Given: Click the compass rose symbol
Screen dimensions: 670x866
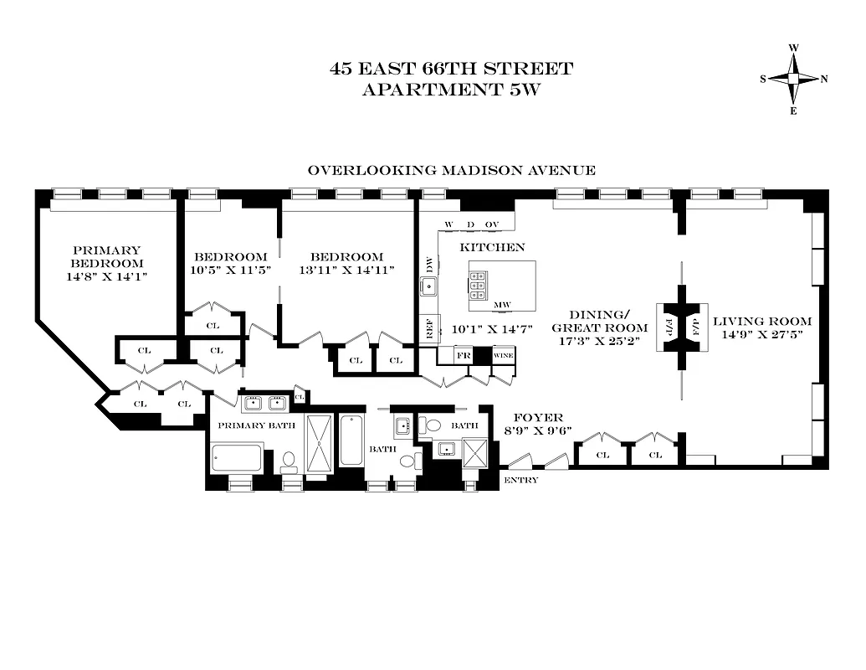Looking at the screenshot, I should point(793,79).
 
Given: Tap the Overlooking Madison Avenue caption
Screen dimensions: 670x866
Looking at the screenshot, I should point(452,170).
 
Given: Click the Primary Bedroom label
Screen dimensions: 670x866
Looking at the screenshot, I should point(107,256).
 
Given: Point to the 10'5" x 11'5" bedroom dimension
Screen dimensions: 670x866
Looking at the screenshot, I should point(230,271).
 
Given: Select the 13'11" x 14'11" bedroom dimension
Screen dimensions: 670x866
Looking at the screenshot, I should point(346,271).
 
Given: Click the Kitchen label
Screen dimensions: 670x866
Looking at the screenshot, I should point(492,247).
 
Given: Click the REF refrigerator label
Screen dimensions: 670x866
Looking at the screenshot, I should point(429,329).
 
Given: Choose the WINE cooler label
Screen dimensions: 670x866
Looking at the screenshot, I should point(504,355).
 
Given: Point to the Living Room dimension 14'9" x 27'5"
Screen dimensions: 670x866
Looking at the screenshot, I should point(762,335).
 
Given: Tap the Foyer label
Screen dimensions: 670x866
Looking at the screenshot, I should point(537,418).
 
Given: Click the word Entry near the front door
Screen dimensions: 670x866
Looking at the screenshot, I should point(520,480).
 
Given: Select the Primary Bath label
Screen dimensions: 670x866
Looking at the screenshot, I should point(253,425).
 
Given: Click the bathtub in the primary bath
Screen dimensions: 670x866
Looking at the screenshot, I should point(238,457).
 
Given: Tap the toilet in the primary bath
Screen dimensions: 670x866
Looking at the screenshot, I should point(288,461).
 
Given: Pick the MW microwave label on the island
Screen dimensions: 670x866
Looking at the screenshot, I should point(502,305).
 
